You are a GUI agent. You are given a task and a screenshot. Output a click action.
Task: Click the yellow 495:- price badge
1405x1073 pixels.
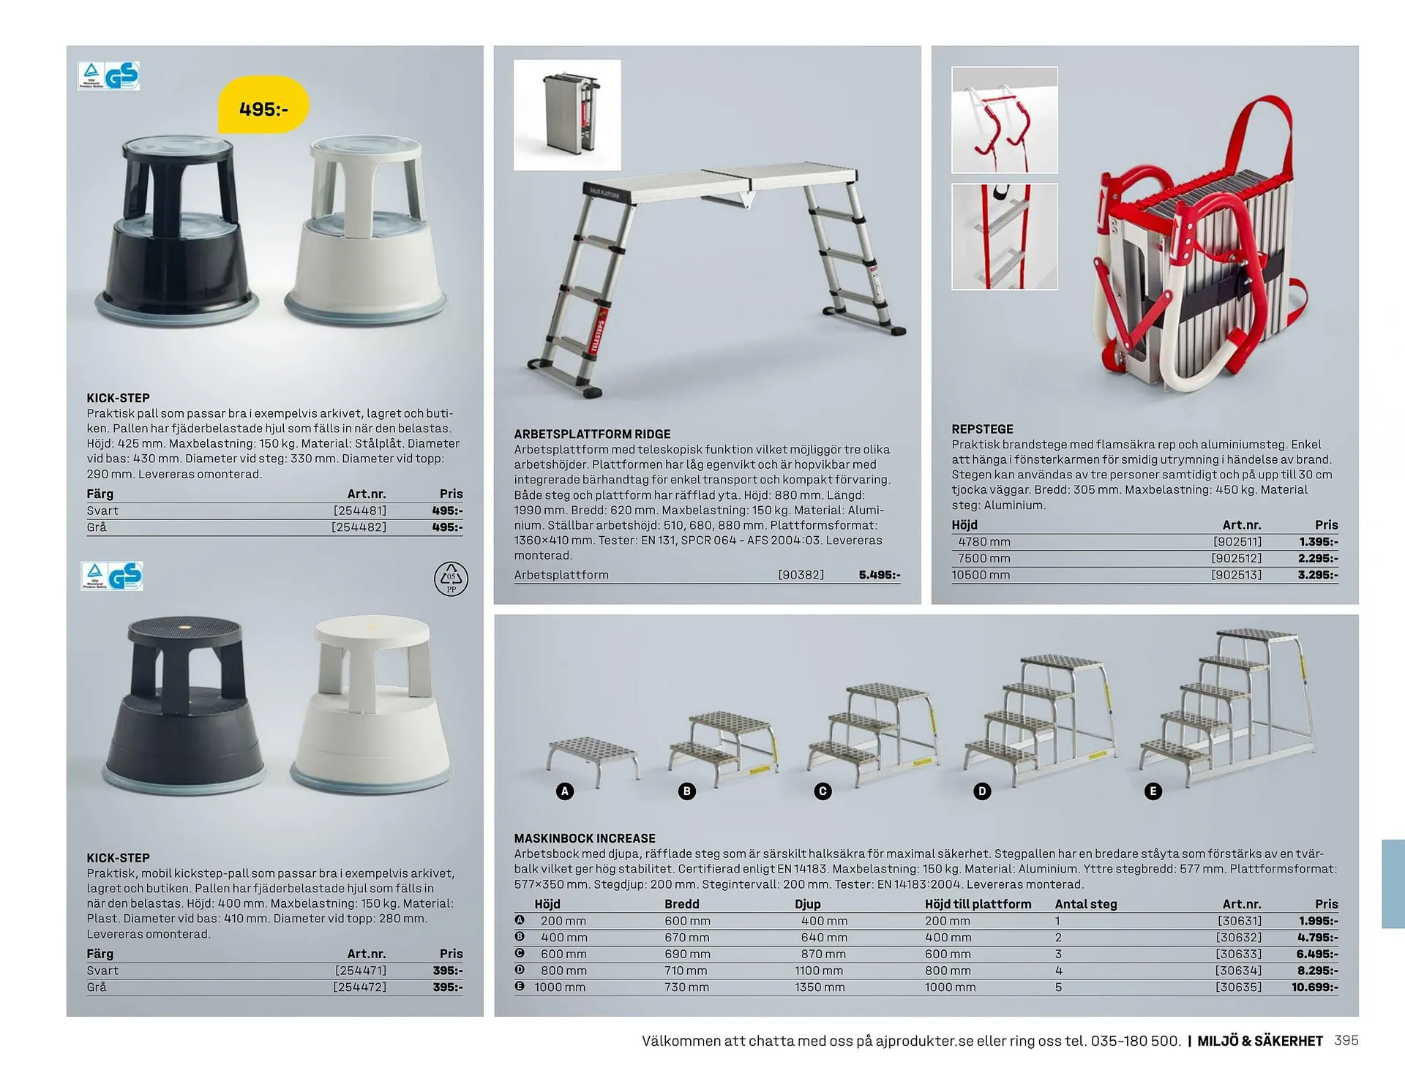[263, 109]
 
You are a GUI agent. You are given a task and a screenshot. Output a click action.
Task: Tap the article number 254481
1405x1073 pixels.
[360, 511]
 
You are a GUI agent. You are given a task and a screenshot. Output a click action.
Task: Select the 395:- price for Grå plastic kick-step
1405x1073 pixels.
[447, 987]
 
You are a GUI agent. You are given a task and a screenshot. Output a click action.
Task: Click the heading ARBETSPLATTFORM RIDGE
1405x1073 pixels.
[592, 434]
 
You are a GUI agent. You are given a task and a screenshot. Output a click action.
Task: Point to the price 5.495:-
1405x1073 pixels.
[879, 575]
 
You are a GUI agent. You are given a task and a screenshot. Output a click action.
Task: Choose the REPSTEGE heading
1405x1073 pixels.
[982, 429]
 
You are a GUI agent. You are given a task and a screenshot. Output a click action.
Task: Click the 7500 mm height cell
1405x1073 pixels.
[983, 558]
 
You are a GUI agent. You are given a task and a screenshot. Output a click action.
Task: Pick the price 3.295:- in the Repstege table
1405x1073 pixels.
[1318, 575]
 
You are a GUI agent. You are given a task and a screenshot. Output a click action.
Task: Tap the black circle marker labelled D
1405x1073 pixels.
[982, 791]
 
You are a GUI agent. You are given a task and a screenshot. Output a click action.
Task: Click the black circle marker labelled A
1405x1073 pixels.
[564, 791]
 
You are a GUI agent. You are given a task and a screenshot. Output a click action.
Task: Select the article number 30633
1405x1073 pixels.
[1239, 954]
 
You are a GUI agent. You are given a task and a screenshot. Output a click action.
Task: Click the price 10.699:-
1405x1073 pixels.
[1314, 987]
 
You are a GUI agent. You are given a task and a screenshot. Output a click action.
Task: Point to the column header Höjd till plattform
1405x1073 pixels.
[978, 904]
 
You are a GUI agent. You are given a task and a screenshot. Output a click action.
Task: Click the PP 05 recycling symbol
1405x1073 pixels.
[451, 579]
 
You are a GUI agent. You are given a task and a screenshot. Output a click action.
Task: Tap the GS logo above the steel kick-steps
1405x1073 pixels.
[121, 76]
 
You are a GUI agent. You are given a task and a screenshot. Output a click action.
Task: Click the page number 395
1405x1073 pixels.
[1346, 1040]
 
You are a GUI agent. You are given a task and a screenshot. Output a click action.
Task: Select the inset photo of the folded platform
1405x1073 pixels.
[567, 115]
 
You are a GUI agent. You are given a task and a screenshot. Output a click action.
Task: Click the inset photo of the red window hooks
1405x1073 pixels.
[1004, 120]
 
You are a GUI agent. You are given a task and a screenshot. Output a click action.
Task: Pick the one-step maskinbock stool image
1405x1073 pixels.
[593, 761]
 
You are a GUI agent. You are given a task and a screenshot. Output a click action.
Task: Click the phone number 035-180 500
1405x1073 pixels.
[1135, 1041]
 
